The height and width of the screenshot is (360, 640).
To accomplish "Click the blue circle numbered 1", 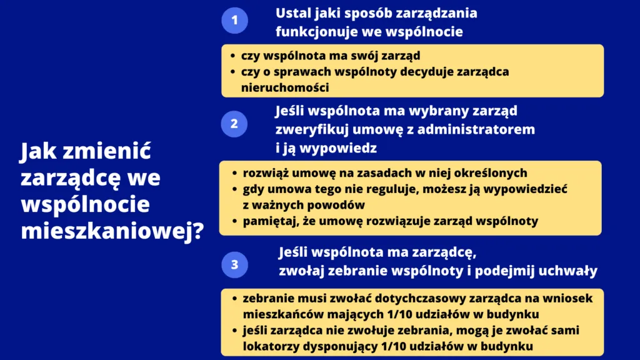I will pos(234,21).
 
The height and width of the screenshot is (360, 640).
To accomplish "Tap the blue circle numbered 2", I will pos(234,124).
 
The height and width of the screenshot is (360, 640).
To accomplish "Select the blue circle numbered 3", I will pos(234,264).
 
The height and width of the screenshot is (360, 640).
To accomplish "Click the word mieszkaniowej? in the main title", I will pos(112,231).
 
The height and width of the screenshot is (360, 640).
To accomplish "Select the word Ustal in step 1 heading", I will pos(292,13).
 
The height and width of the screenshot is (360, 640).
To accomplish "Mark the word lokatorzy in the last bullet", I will pos(273,346).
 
